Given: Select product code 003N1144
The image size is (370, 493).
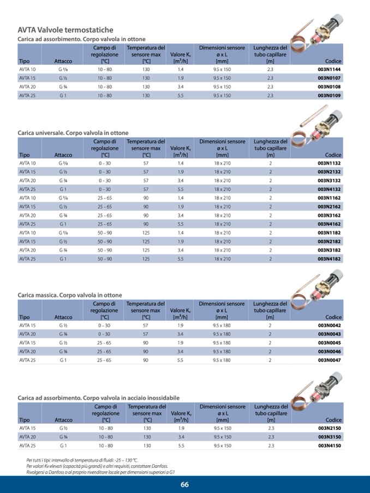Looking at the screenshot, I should pos(329,70).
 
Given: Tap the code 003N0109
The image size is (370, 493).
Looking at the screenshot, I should pos(329,95).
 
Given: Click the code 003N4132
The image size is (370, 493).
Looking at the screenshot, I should pos(329,189).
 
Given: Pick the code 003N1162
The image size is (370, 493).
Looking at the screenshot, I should pos(329,197).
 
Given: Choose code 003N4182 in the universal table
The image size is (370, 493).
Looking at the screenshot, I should pos(329,258).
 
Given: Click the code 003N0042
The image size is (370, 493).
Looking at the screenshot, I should pos(329,325).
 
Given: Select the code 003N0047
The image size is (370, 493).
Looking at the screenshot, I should pos(329,360).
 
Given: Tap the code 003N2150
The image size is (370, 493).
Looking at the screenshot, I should pos(329,428).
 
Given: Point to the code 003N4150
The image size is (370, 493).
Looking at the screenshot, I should pos(329,446).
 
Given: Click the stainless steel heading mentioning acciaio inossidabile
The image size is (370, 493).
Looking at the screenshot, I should pos(98,398).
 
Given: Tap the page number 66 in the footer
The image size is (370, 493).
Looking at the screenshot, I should pos(184,485).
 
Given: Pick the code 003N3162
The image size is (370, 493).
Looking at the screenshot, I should pos(329,215).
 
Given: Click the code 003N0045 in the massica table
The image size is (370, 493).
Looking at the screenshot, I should pos(329,342).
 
